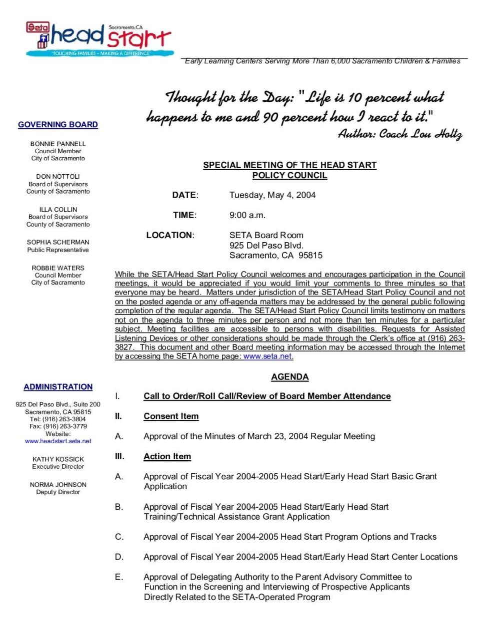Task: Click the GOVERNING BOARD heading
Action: (58, 125)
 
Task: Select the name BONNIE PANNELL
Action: (58, 144)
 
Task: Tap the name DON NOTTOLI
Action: (58, 177)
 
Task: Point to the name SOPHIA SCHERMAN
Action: (58, 242)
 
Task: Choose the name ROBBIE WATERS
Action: (58, 268)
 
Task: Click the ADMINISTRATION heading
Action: (58, 387)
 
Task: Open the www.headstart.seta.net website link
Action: (58, 441)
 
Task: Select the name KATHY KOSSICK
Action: (58, 459)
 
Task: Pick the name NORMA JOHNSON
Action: (58, 485)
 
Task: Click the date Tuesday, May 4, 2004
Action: (272, 195)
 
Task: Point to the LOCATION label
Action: (169, 235)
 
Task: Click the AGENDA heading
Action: (290, 377)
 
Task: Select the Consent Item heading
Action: (171, 416)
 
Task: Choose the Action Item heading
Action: (167, 456)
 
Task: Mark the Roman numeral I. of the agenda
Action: (117, 396)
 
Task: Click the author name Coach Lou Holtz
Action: (420, 134)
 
